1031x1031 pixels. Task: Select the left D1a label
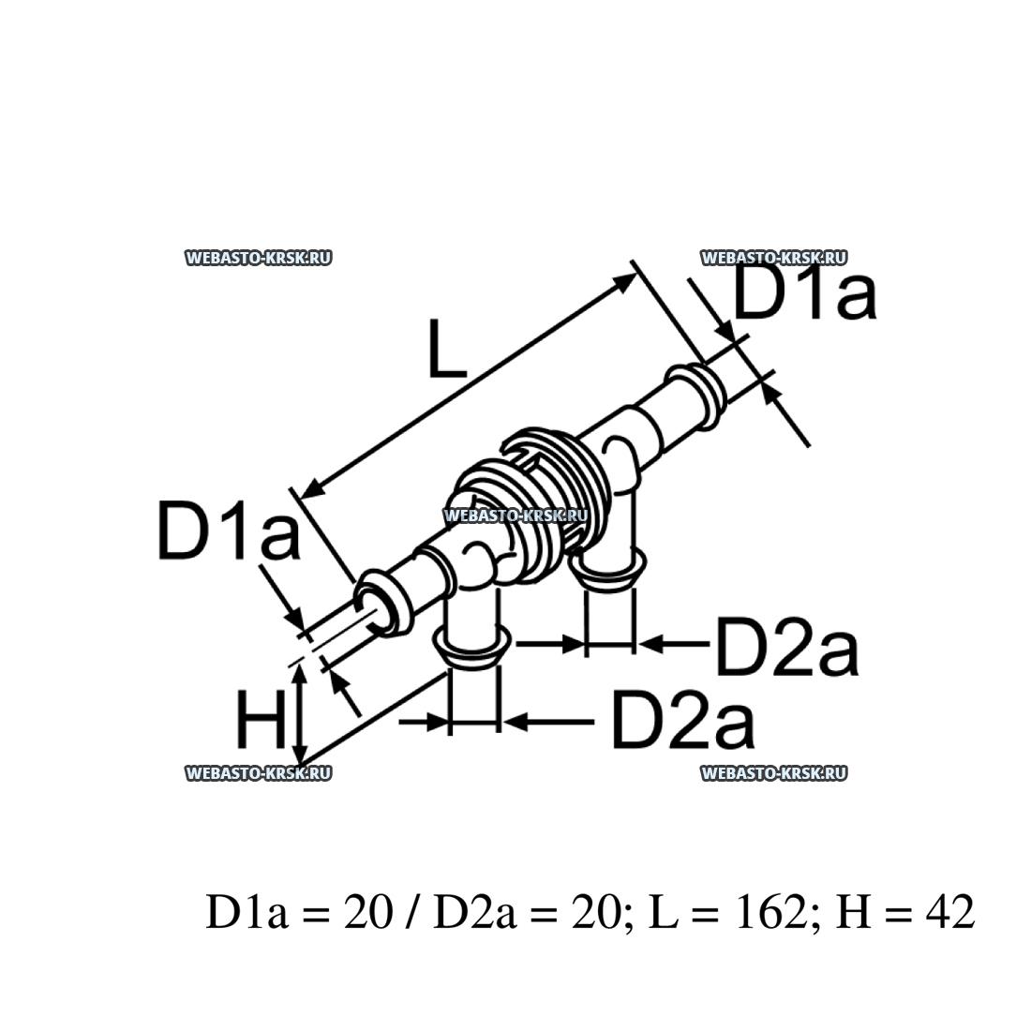coord(228,530)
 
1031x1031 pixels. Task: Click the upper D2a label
coord(785,647)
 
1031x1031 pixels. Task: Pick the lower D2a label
coord(682,721)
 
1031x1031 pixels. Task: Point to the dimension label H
coord(260,722)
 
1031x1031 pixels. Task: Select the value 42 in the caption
coord(949,911)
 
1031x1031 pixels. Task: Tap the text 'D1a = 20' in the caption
coord(298,911)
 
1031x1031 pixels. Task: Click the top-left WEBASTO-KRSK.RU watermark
coord(259,259)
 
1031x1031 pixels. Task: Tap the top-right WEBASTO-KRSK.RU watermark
coord(774,259)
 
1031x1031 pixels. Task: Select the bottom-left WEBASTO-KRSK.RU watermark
coord(259,773)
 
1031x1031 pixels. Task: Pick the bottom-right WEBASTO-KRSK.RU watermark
coord(774,773)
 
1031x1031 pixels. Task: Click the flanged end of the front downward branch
coord(471,645)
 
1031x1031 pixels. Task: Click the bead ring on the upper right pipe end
coord(694,388)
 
